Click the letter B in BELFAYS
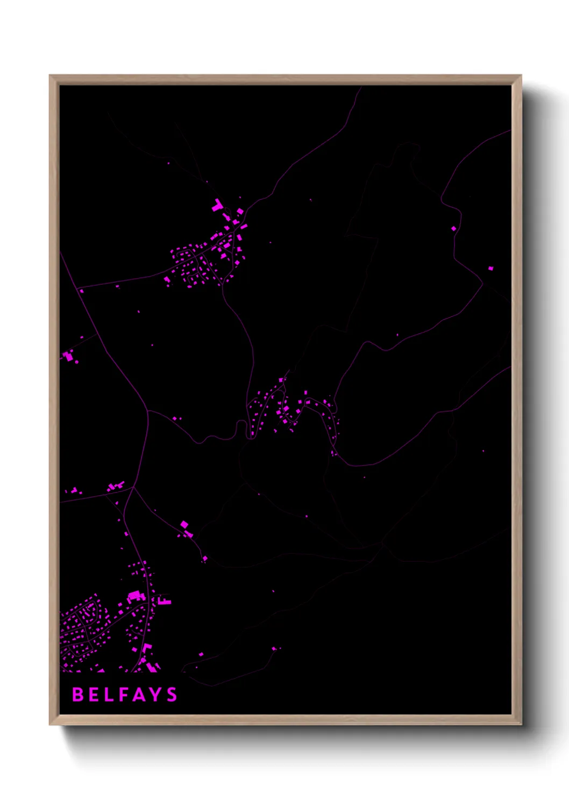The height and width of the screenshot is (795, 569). pyautogui.click(x=78, y=695)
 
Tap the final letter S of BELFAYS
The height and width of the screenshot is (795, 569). pyautogui.click(x=172, y=695)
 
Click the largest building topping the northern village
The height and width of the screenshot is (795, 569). pyautogui.click(x=218, y=205)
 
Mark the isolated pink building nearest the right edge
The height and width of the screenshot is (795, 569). pyautogui.click(x=490, y=268)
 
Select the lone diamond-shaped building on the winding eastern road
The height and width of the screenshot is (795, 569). pyautogui.click(x=453, y=229)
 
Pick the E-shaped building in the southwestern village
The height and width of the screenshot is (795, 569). pyautogui.click(x=164, y=601)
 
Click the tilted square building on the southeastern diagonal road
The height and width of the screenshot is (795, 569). pyautogui.click(x=184, y=524)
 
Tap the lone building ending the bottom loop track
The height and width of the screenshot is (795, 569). pyautogui.click(x=274, y=649)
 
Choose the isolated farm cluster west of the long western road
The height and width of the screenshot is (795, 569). pyautogui.click(x=68, y=356)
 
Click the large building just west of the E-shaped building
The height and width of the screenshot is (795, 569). pyautogui.click(x=135, y=595)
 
